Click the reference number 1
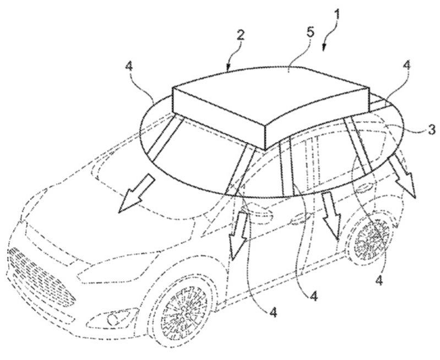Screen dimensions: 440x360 pos(336,14)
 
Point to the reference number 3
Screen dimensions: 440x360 pos(431,129)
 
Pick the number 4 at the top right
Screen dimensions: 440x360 pos(406,66)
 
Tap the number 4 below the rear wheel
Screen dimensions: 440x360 pos(379,280)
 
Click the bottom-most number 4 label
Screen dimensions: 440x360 pos(273,312)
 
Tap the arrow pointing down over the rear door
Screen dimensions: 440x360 pos(332,212)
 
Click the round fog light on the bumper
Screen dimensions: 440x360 pos(112,319)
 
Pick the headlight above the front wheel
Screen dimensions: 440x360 pos(110,272)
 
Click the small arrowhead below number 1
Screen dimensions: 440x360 pos(324,48)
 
